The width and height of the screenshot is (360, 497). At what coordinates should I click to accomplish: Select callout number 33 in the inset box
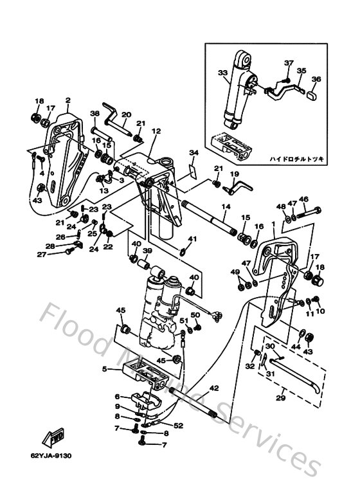click(x=223, y=73)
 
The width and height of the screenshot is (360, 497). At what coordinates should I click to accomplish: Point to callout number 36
click(x=316, y=80)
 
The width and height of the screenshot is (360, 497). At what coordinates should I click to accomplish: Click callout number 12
click(x=156, y=131)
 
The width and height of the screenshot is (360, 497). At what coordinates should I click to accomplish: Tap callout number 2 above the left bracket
click(x=67, y=100)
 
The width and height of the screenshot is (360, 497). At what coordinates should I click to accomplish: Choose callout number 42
click(x=214, y=388)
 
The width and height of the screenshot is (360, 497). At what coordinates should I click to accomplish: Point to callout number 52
click(x=177, y=425)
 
